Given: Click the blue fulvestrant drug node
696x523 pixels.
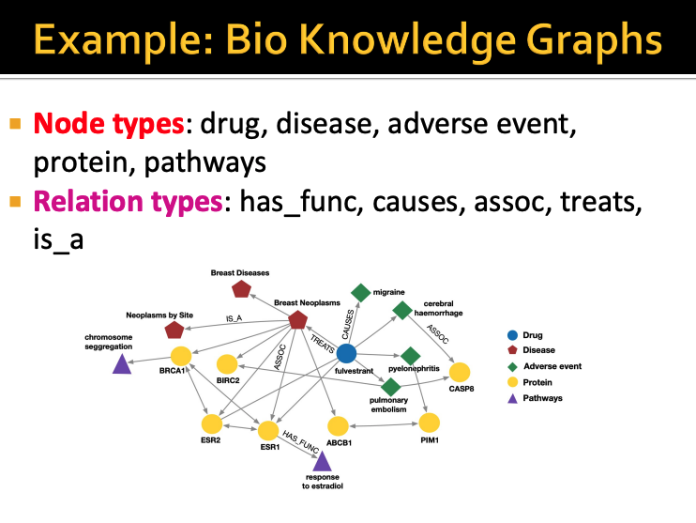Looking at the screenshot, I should pos(346,353).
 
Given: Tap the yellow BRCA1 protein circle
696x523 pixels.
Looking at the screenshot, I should pos(181,356).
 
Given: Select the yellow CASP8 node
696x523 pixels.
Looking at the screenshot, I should pos(459,374).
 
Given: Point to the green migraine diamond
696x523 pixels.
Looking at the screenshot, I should pos(359,292).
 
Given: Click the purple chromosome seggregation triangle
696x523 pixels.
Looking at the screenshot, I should pos(121,364).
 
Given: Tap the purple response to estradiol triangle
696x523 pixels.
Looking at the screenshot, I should pos(322,461).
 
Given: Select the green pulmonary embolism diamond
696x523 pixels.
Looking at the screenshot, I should pos(391,386).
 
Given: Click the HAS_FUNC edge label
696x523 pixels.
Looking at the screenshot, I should pos(301,441).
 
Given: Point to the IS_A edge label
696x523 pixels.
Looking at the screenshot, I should pos(235,318).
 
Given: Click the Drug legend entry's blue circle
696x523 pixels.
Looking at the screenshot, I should pos(512,334).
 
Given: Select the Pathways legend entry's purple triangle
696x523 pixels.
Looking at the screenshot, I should pos(512,397).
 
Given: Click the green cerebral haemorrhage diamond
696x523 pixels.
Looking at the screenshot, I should pos(402,310).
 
